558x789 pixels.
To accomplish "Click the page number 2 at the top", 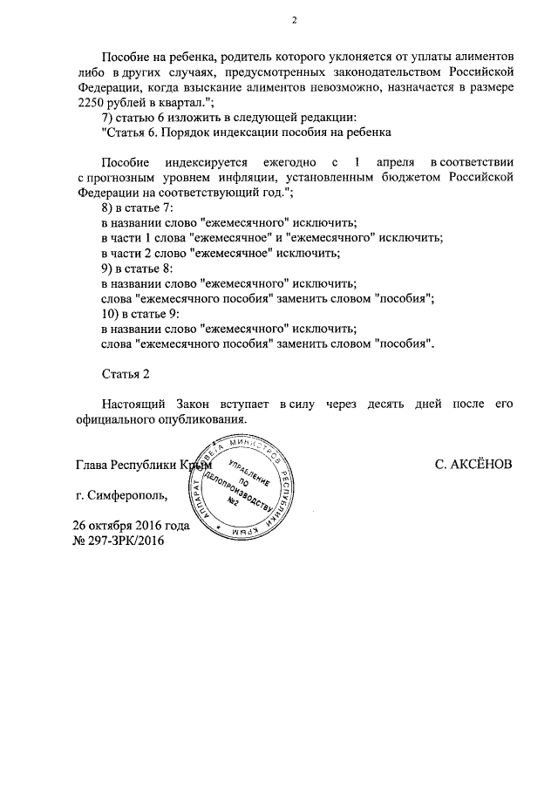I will coord(294,20).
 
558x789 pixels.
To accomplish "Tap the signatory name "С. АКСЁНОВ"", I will coord(473,465).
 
